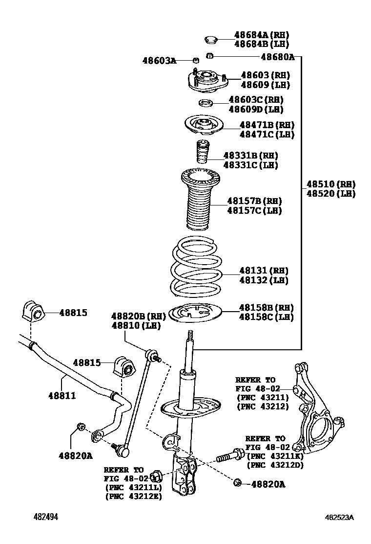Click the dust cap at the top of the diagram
pos(210,39)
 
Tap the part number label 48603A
pos(159,61)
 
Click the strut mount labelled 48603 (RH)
pos(207,82)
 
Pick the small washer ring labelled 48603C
pos(205,103)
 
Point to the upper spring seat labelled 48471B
pos(204,126)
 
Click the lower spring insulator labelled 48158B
pos(194,313)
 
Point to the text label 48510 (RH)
pos(330,184)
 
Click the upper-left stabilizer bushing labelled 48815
pos(32,311)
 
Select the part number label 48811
pos(62,395)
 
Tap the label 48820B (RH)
pos(132,316)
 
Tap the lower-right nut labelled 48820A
pos(238,483)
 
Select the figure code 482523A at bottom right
pos(340,517)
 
